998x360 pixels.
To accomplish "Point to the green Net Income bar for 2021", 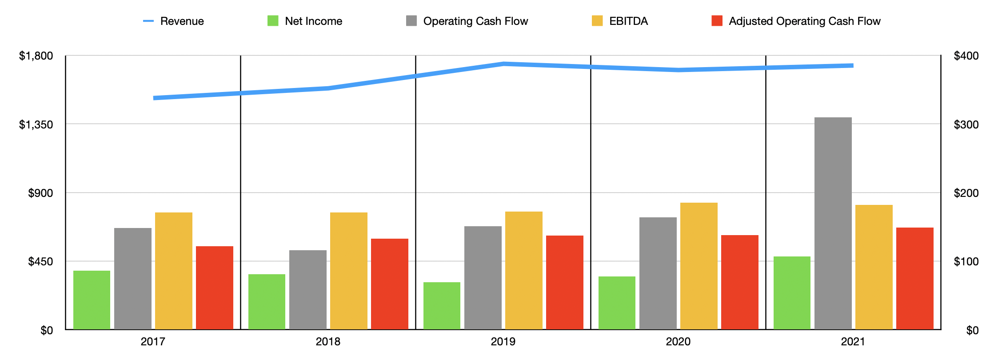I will [792, 293].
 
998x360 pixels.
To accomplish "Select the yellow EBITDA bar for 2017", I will [173, 271].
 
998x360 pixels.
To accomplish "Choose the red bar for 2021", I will [914, 278].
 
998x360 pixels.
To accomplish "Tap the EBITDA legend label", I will [628, 21].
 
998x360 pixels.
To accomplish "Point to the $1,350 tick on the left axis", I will [36, 124].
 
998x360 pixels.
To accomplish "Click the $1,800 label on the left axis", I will [36, 56].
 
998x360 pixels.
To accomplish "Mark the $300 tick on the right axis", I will [966, 124].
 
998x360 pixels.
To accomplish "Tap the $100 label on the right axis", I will [966, 261].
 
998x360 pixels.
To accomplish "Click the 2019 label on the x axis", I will [503, 341].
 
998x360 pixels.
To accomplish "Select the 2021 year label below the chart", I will [853, 341].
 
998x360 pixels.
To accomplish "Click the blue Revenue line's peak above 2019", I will [504, 64].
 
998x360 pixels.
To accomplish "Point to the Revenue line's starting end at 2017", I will [155, 98].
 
